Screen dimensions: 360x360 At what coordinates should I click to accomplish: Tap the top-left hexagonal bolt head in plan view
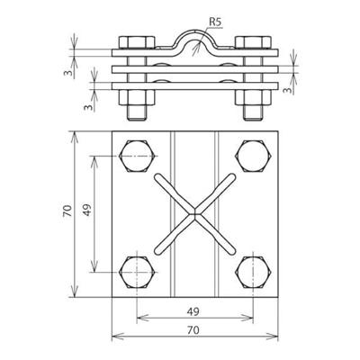tap(138, 156)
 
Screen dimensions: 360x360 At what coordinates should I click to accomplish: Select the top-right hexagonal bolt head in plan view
tap(254, 156)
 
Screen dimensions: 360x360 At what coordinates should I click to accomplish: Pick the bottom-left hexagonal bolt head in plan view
tap(138, 273)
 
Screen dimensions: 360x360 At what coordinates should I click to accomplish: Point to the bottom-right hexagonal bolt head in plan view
tap(254, 273)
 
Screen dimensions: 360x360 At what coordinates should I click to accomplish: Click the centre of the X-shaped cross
tap(195, 214)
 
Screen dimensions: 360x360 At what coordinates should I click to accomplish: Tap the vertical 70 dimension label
tap(67, 211)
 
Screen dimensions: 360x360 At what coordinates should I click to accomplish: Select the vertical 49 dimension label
tap(87, 210)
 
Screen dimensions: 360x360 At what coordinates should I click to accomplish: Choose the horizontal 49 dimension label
tap(193, 311)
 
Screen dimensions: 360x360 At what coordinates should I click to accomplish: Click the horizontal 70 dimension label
tap(193, 330)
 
